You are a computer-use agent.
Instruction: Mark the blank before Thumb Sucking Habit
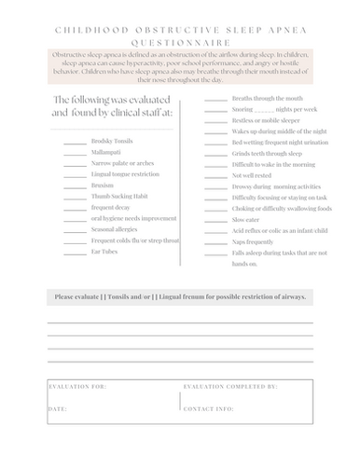[x=75, y=197]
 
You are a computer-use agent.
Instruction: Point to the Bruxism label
[x=103, y=185]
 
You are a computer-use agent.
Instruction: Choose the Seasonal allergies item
[x=115, y=229]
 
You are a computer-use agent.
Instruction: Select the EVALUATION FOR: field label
[x=77, y=384]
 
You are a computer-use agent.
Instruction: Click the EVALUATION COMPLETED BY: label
[x=230, y=384]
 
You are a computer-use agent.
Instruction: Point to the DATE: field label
[x=57, y=408]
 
